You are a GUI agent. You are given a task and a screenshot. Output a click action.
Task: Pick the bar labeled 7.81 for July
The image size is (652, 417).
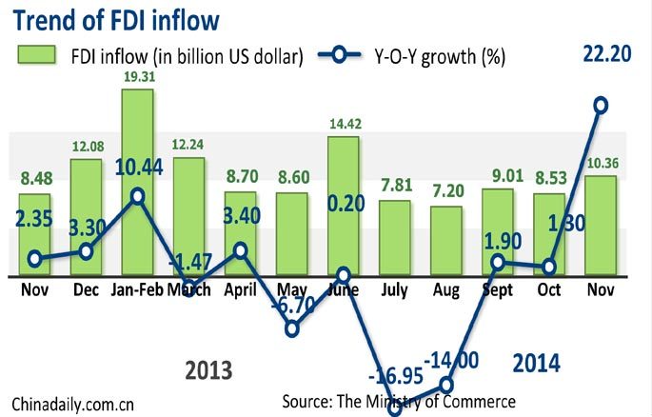point(395,238)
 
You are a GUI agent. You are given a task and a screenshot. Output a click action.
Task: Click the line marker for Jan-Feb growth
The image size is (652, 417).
point(138,196)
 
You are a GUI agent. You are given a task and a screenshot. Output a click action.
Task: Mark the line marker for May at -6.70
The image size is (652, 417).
point(292,328)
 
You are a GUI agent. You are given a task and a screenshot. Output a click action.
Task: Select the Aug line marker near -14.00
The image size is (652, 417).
point(446,385)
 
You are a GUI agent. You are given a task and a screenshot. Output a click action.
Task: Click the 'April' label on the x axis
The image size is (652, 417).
point(241,288)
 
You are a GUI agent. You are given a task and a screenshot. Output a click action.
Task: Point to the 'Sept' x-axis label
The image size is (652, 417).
point(498,288)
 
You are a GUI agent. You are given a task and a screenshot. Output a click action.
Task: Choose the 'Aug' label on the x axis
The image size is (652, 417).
point(445,288)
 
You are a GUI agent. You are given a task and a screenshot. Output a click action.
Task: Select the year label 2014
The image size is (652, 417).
point(536,362)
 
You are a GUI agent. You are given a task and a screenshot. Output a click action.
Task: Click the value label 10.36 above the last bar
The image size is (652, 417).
point(600,165)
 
